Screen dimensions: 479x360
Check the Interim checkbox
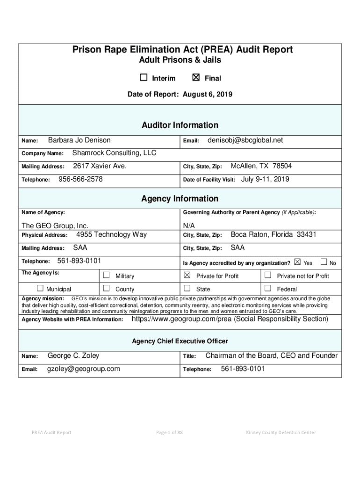click(144, 78)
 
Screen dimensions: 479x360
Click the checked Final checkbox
click(196, 78)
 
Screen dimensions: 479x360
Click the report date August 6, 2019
click(207, 94)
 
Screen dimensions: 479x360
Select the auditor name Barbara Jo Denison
click(79, 140)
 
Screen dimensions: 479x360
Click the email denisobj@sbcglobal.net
click(245, 140)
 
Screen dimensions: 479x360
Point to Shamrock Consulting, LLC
click(115, 153)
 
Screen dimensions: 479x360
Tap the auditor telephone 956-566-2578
click(80, 179)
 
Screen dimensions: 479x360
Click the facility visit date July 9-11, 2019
click(265, 179)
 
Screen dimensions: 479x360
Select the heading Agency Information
click(180, 199)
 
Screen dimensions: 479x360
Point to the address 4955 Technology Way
click(111, 234)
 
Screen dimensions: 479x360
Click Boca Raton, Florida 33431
click(274, 234)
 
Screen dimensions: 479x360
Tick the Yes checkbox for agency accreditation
click(298, 262)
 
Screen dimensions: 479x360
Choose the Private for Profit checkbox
click(187, 275)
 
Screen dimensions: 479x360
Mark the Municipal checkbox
click(40, 289)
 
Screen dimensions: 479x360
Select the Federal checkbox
click(268, 289)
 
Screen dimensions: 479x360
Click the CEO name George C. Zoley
click(73, 356)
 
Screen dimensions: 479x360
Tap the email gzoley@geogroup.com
click(84, 369)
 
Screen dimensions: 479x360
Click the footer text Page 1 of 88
click(169, 432)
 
